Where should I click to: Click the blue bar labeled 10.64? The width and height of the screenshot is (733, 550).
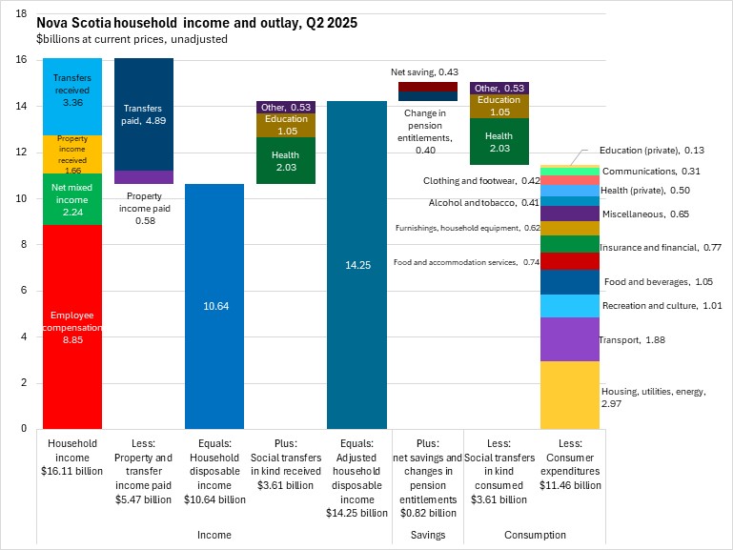215,306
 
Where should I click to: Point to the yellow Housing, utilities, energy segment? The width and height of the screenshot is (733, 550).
570,395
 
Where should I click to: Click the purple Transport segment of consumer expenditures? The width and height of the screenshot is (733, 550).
570,339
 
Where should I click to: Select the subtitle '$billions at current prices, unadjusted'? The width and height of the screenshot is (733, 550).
132,39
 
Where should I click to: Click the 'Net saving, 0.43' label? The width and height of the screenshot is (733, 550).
425,72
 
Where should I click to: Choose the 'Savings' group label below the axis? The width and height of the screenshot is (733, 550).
428,535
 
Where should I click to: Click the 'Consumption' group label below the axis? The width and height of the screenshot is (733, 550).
535,535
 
